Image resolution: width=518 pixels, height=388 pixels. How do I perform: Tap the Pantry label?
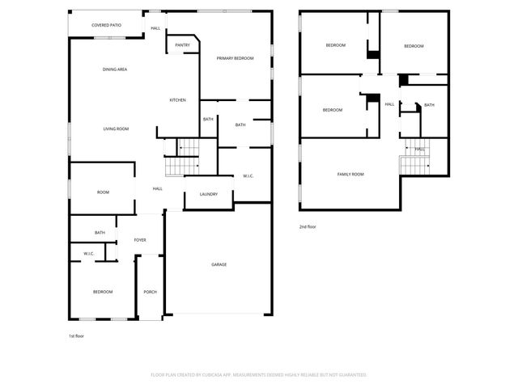(x=182, y=45)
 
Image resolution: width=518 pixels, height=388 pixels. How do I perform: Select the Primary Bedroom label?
(x=235, y=58)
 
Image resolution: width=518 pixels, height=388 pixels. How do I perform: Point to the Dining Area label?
(x=114, y=70)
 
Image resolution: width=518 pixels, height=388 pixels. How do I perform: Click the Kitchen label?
(x=177, y=100)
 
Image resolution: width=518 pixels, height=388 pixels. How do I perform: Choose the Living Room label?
(x=116, y=129)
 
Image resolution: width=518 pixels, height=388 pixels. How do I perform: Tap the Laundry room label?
(x=208, y=194)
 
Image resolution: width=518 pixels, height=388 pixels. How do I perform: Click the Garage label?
(x=219, y=265)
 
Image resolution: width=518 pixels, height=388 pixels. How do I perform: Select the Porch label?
(x=150, y=292)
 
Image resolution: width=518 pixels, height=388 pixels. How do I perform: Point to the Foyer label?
(x=140, y=240)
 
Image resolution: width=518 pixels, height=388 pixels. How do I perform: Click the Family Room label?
(x=350, y=175)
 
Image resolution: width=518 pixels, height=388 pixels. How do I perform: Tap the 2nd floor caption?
(x=308, y=227)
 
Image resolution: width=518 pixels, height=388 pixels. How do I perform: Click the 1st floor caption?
(x=77, y=335)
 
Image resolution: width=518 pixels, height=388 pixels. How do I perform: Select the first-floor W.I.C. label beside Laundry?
(x=248, y=175)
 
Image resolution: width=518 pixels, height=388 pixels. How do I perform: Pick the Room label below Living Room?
(x=103, y=192)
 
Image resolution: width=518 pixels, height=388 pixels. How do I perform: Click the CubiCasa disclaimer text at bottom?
(x=259, y=375)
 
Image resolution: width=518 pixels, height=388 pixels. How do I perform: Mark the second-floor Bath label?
(x=429, y=105)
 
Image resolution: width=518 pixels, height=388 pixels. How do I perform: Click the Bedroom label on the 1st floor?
(x=102, y=292)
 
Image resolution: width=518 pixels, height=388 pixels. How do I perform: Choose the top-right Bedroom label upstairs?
(x=414, y=46)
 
